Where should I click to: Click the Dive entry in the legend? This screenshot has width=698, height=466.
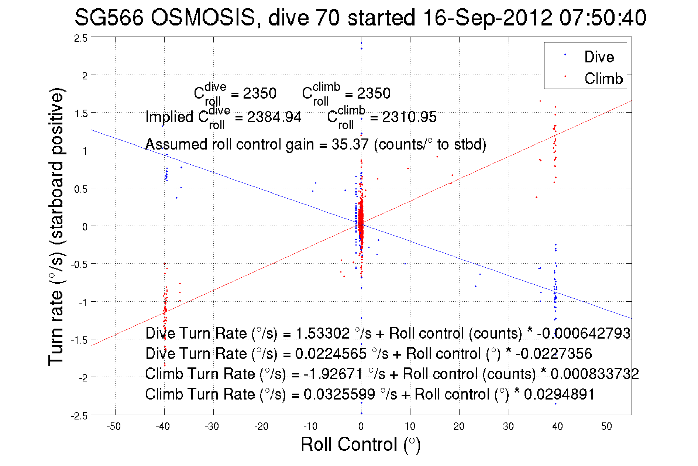coord(599,57)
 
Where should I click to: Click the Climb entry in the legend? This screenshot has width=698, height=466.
coord(603,79)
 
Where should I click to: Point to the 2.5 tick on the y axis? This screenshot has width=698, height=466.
coord(81,38)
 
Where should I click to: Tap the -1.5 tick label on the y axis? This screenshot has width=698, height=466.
coord(79,340)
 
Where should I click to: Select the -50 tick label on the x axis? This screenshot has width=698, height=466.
coord(114,426)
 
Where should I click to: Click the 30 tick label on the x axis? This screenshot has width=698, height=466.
coord(508,426)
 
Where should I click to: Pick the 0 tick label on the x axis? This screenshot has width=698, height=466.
coord(361,426)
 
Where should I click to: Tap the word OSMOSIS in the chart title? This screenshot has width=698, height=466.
coord(203,17)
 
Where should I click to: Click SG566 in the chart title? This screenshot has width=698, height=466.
coord(109,17)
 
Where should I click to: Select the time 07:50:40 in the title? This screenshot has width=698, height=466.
coord(603,17)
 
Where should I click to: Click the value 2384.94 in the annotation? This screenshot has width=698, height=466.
coord(274,117)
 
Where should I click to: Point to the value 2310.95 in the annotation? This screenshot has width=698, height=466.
coord(409,117)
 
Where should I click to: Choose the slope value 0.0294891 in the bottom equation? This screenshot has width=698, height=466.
coord(559,394)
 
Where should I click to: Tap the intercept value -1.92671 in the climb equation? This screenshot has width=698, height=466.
coord(333,374)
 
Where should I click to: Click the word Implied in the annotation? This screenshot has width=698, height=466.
coord(169,117)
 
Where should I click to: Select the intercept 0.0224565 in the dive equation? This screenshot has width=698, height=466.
coord(331,353)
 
